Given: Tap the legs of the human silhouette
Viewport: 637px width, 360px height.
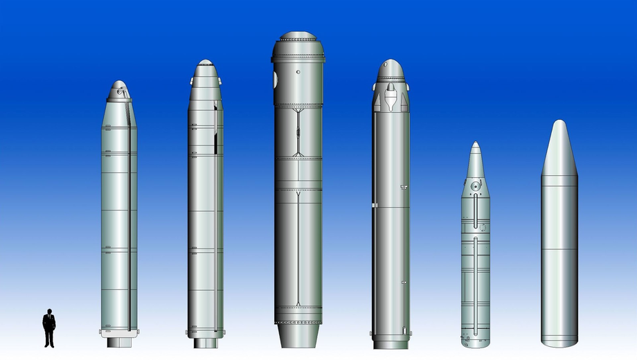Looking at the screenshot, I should [x=49, y=337].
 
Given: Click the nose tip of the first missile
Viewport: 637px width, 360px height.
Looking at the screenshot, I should [x=119, y=83].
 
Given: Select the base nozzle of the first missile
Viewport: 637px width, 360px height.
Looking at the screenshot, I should [x=119, y=342].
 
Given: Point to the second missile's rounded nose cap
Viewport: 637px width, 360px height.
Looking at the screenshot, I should [x=206, y=64].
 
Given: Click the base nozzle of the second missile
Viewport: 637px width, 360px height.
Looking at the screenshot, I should [x=205, y=343].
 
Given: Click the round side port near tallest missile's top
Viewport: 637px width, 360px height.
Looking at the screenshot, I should [x=275, y=80].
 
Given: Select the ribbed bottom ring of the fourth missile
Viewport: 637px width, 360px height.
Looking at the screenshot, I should [x=391, y=343].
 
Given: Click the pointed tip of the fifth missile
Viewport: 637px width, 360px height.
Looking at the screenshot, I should [x=476, y=145].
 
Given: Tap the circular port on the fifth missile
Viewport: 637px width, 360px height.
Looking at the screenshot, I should [x=474, y=186].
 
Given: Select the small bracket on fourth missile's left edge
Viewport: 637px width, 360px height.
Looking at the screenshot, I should [x=373, y=206].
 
